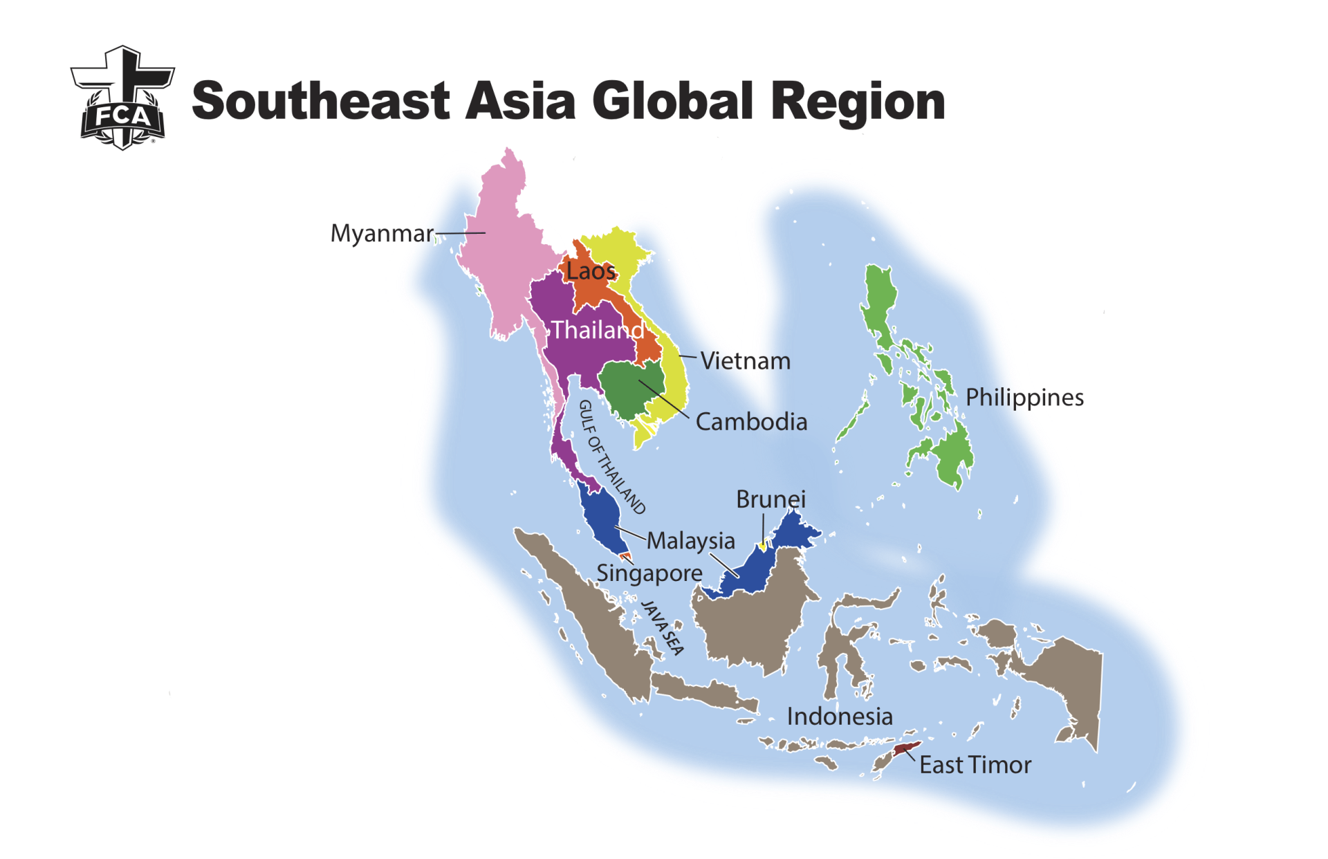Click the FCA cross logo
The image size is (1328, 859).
(122, 98)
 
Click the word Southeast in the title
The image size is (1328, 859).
(320, 101)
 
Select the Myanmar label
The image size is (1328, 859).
(382, 234)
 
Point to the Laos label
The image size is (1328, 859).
(591, 271)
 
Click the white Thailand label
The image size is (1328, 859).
(598, 330)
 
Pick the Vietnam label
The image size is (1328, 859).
(745, 361)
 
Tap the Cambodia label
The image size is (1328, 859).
(751, 422)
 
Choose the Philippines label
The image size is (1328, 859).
(1024, 398)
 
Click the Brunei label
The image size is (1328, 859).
(771, 499)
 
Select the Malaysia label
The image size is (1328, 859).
(690, 541)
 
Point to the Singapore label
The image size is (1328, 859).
(649, 573)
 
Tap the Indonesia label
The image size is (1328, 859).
(840, 717)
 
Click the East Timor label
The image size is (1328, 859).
(975, 765)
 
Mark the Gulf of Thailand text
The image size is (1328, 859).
(611, 456)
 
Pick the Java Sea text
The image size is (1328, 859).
(663, 627)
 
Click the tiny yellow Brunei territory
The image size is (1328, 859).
(763, 546)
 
